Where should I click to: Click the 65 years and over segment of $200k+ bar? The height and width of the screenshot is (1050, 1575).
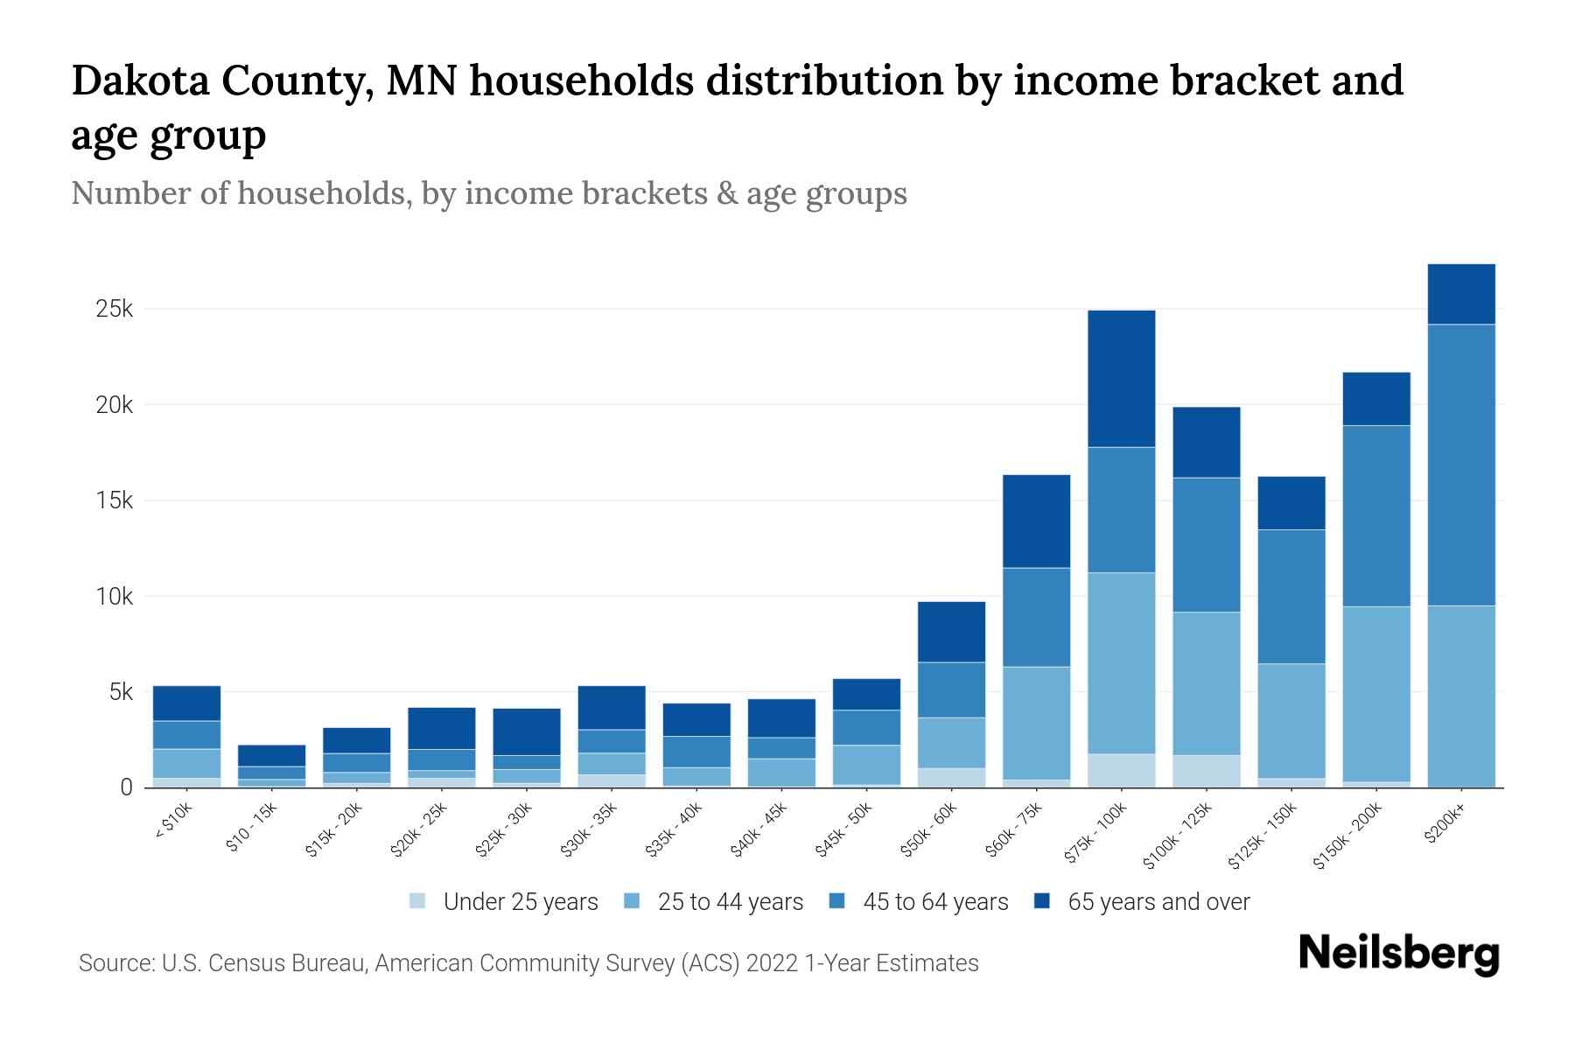[1460, 294]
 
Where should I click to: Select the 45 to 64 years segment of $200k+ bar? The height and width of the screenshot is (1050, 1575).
[1460, 465]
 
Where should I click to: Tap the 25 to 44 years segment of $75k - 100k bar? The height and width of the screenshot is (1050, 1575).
[1121, 662]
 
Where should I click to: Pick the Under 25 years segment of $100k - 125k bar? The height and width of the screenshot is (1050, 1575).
[1206, 771]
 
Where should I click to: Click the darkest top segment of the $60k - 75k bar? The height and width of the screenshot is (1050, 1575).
[1036, 521]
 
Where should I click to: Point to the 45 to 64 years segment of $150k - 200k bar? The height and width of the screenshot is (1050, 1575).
[1375, 516]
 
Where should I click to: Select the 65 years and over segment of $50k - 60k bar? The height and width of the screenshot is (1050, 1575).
[951, 632]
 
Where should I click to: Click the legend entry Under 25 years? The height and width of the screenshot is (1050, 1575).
[520, 902]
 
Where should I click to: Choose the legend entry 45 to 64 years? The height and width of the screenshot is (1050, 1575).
[934, 902]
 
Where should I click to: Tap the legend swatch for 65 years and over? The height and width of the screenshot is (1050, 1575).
[1042, 901]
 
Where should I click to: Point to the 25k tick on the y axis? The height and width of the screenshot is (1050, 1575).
[115, 309]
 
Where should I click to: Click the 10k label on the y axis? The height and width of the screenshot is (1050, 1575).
[115, 597]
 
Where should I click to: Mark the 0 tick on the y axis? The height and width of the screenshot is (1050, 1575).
[127, 787]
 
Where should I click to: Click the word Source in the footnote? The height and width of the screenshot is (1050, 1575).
[115, 963]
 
